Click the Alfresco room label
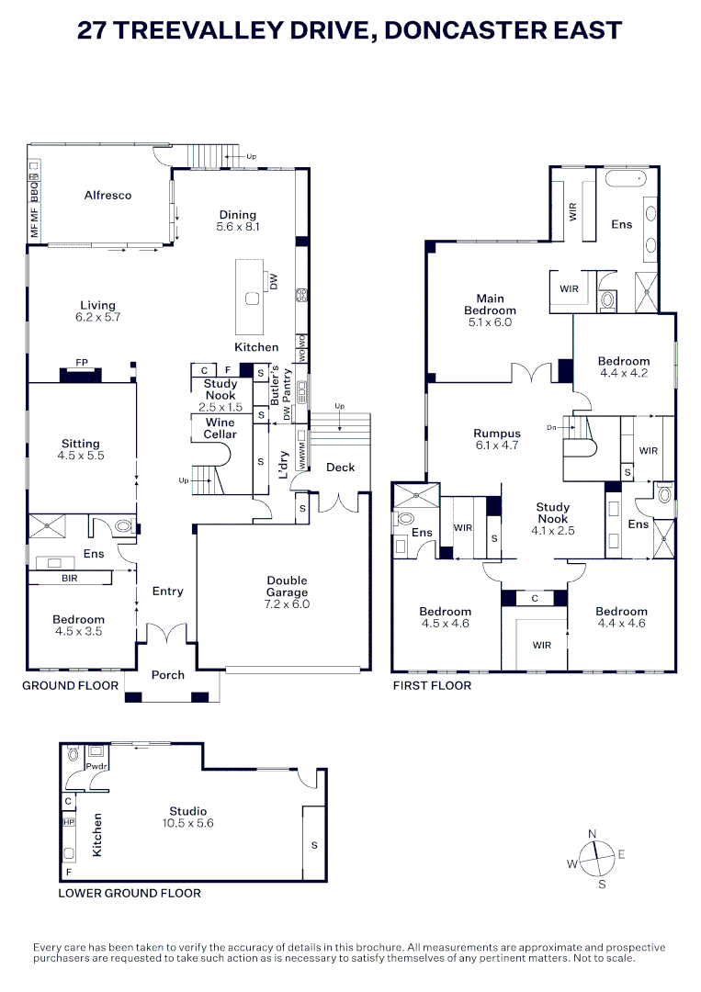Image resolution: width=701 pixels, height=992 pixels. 107,195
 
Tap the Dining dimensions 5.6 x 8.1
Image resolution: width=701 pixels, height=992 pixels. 238,227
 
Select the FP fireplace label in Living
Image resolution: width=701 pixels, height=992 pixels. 82,363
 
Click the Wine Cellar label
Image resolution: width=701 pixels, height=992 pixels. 220,428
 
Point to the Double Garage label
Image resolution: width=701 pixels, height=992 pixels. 288,586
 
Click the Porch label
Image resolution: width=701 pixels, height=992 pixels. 167,675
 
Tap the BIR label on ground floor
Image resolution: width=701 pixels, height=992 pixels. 70,579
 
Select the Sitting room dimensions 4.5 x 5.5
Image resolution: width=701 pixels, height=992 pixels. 80,456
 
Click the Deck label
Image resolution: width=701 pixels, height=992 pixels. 340,468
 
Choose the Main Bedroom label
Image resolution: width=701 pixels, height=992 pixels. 491,304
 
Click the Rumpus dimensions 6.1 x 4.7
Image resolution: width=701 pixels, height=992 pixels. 497,445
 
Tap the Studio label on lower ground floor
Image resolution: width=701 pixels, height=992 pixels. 188,811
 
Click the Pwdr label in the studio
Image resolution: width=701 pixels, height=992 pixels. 96,766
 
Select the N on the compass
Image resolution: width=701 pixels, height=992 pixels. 593,834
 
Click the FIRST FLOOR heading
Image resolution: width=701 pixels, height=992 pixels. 432,685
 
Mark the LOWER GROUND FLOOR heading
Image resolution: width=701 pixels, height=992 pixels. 130,894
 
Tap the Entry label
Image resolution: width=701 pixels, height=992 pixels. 167,591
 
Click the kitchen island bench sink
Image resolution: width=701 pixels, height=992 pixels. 253,298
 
